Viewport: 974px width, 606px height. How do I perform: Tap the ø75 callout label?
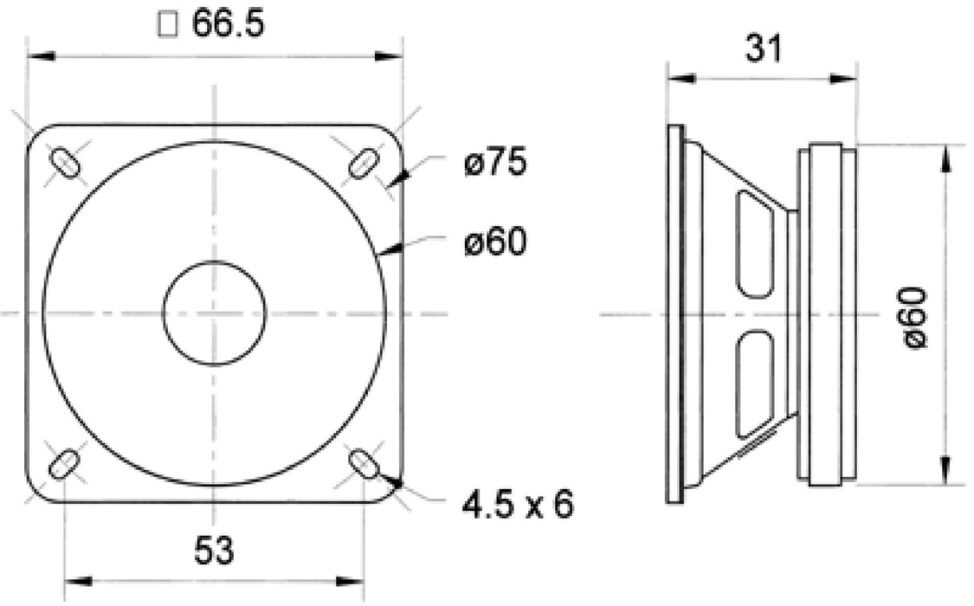click(x=494, y=164)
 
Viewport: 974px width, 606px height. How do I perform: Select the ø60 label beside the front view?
click(x=494, y=244)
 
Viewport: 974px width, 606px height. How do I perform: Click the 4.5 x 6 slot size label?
click(x=518, y=503)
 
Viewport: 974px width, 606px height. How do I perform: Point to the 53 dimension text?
click(x=214, y=551)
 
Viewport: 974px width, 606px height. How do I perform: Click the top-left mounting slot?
click(x=65, y=162)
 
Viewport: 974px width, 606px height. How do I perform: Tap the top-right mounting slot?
click(x=364, y=161)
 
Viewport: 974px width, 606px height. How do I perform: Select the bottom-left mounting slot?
click(x=64, y=464)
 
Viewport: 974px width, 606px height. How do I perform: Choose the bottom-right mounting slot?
click(x=364, y=463)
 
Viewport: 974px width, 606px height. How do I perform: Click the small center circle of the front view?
click(x=215, y=313)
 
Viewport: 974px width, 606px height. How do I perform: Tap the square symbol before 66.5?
click(x=169, y=25)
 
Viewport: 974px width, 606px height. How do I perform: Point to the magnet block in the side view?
click(x=827, y=313)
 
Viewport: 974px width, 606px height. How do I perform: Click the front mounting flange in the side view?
click(x=674, y=313)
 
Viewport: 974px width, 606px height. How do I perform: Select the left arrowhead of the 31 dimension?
click(x=680, y=78)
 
